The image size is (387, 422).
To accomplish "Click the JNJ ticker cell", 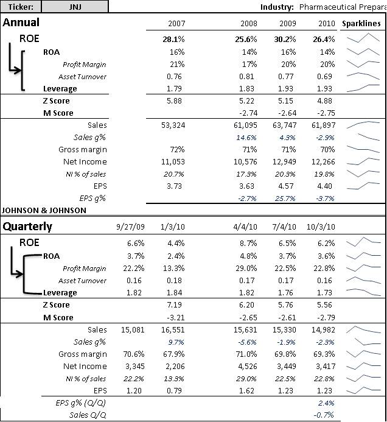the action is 75,7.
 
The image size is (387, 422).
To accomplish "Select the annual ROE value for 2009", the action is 285,40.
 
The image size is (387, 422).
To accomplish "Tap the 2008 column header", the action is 249,23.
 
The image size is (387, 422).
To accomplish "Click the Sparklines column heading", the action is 361,23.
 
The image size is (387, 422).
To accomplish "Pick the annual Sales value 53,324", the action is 173,125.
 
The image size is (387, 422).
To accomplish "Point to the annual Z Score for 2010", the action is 324,101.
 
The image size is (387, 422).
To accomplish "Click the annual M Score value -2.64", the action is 287,113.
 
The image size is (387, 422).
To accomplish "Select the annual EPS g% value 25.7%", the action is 285,199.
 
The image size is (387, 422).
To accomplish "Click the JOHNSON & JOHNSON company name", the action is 44,210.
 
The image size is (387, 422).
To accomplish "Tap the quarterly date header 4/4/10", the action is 245,227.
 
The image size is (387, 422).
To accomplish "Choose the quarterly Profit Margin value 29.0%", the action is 247,269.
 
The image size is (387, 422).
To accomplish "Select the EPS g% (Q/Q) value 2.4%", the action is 326,403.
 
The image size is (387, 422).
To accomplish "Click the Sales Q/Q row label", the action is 88,415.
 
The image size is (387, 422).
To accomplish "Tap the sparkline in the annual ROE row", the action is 363,38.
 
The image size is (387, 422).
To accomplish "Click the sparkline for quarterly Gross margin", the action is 363,353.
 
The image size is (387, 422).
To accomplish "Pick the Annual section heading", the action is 21,23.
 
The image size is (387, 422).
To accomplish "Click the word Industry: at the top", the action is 277,7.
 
